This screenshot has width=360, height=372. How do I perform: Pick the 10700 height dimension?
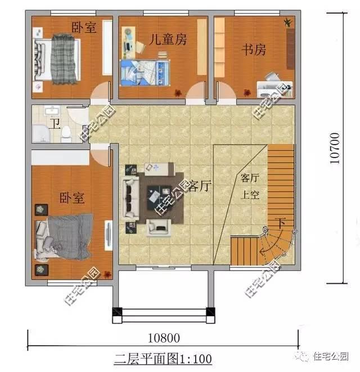pos(335,148)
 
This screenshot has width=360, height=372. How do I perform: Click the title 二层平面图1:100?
pos(163,357)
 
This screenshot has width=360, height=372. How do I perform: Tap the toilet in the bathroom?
pos(66,133)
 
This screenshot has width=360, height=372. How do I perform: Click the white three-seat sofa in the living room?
pos(131,198)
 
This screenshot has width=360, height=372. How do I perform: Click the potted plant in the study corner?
pos(288,23)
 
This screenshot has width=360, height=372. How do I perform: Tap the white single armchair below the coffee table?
pos(159,227)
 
